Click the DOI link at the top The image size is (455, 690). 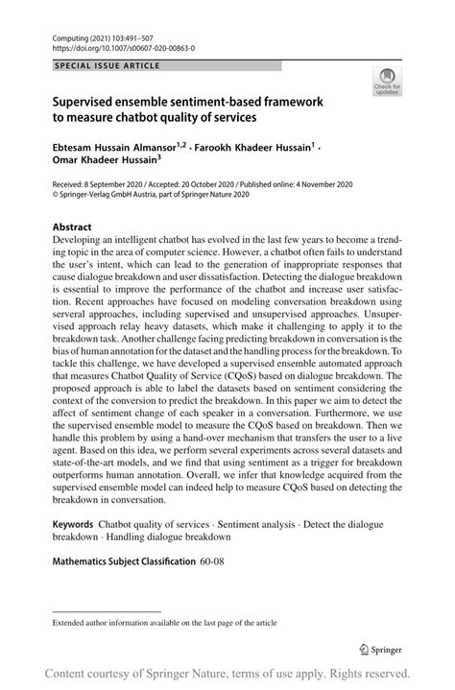click(108, 45)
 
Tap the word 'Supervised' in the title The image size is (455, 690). click(89, 101)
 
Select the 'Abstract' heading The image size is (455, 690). click(74, 228)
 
